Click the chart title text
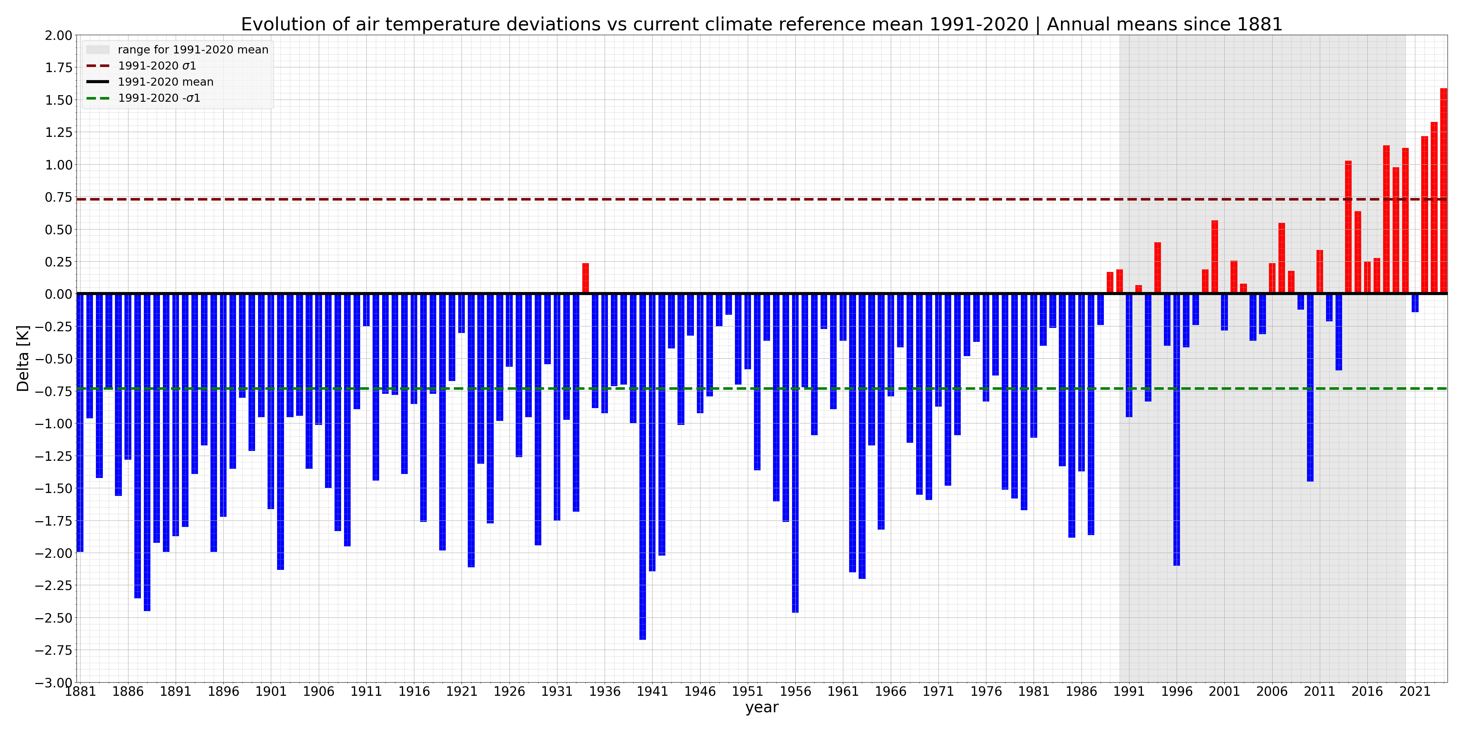point(762,25)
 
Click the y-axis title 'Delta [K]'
point(23,358)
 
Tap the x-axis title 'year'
point(762,707)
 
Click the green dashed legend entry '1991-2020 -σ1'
point(159,98)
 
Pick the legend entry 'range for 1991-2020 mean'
point(193,49)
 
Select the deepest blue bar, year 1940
point(643,466)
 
